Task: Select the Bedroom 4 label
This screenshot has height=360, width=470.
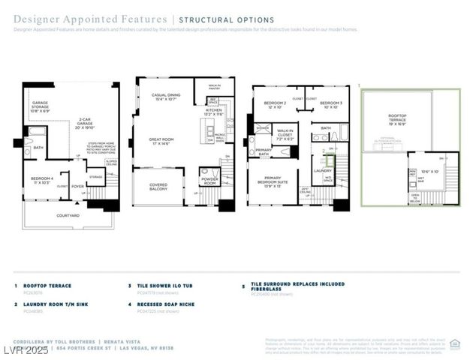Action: point(41,179)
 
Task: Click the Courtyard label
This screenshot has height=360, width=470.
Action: point(68,215)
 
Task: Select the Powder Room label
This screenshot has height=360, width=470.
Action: point(209,181)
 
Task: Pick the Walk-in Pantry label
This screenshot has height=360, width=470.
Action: point(215,88)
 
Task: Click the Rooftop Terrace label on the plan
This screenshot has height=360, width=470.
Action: point(397,117)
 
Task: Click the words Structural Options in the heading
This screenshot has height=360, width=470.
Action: point(226,19)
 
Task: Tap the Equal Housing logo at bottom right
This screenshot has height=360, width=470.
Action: point(454,343)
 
